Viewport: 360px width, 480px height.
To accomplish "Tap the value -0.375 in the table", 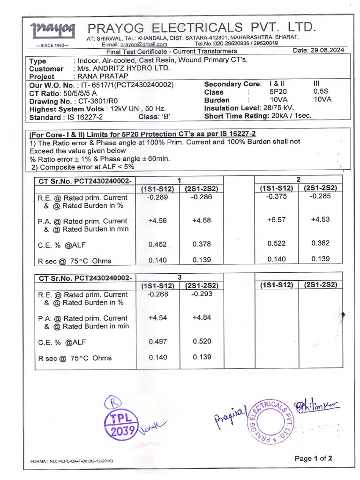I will click(x=277, y=197).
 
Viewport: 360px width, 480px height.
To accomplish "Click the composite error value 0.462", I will click(x=157, y=244).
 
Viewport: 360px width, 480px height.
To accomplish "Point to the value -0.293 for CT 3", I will click(x=202, y=294).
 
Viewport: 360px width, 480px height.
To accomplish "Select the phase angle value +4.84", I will click(x=202, y=317).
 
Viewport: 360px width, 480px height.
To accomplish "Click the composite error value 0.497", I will click(x=157, y=342).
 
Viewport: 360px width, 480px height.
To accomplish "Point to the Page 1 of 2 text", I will click(x=313, y=458).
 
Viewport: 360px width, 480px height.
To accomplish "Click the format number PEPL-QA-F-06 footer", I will click(x=72, y=461).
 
